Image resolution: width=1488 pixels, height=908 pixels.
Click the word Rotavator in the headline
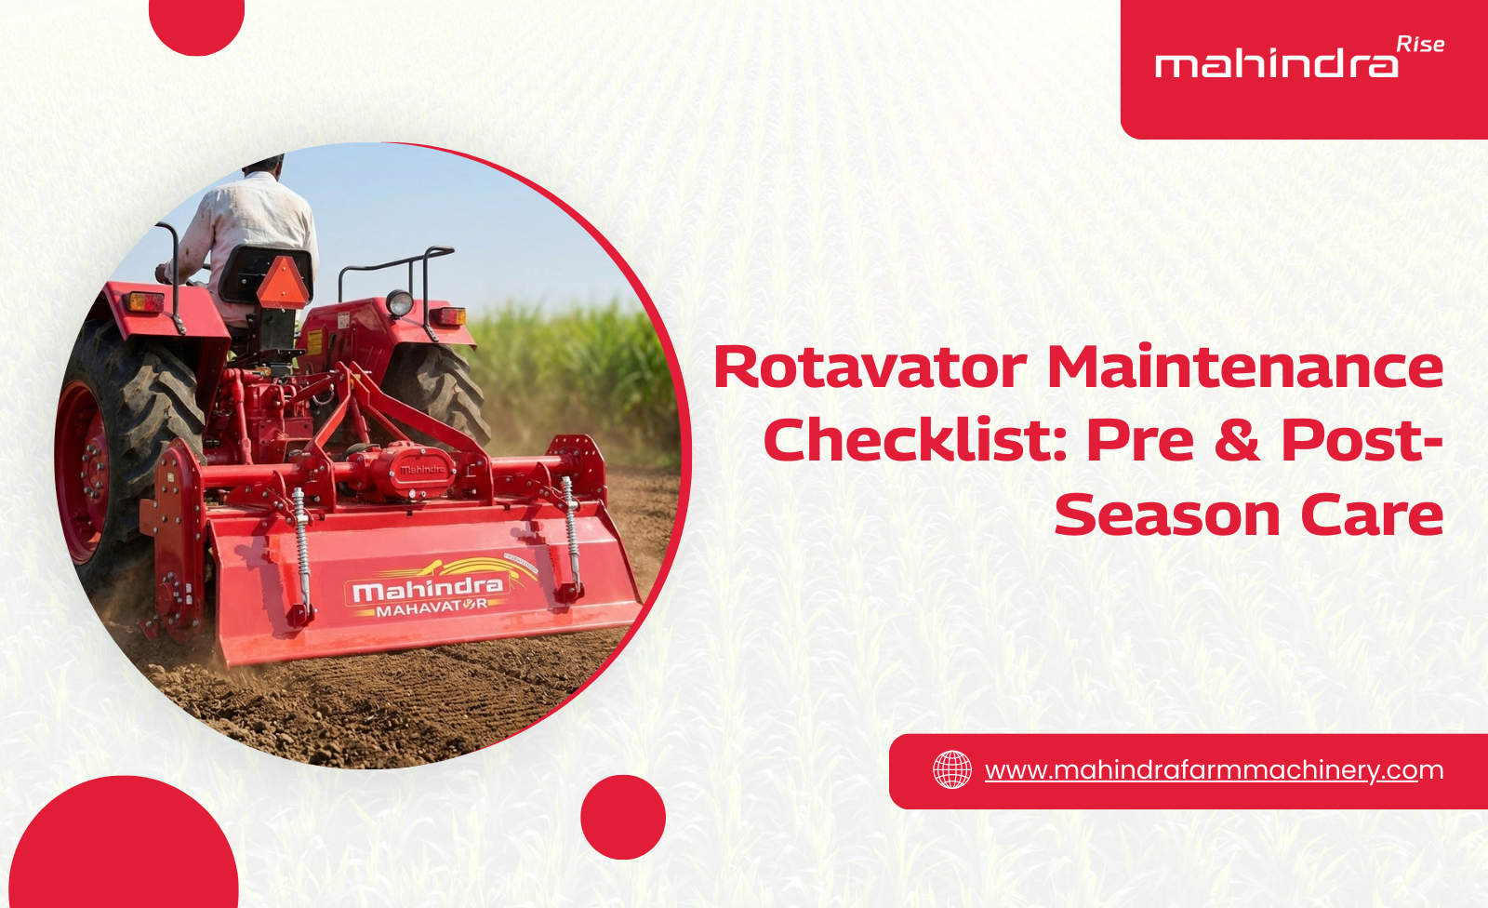tap(870, 367)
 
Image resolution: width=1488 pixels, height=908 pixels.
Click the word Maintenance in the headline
tap(1245, 367)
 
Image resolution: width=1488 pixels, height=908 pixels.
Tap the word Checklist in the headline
tap(913, 440)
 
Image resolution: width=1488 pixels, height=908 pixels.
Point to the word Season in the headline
tap(1167, 514)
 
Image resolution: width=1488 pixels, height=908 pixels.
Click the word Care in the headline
tap(1372, 514)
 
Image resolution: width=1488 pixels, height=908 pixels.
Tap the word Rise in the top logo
tap(1420, 45)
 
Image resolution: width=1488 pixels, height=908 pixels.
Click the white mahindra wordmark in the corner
tap(1276, 65)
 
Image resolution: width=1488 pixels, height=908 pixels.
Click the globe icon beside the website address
tap(951, 770)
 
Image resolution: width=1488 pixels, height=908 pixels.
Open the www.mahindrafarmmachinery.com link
tap(1214, 770)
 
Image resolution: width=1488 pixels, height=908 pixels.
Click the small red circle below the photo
tap(622, 817)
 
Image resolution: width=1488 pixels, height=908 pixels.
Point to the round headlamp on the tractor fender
tap(400, 302)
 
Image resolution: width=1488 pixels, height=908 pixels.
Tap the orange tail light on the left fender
tap(145, 302)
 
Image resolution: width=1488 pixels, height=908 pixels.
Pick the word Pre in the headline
tap(1139, 440)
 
